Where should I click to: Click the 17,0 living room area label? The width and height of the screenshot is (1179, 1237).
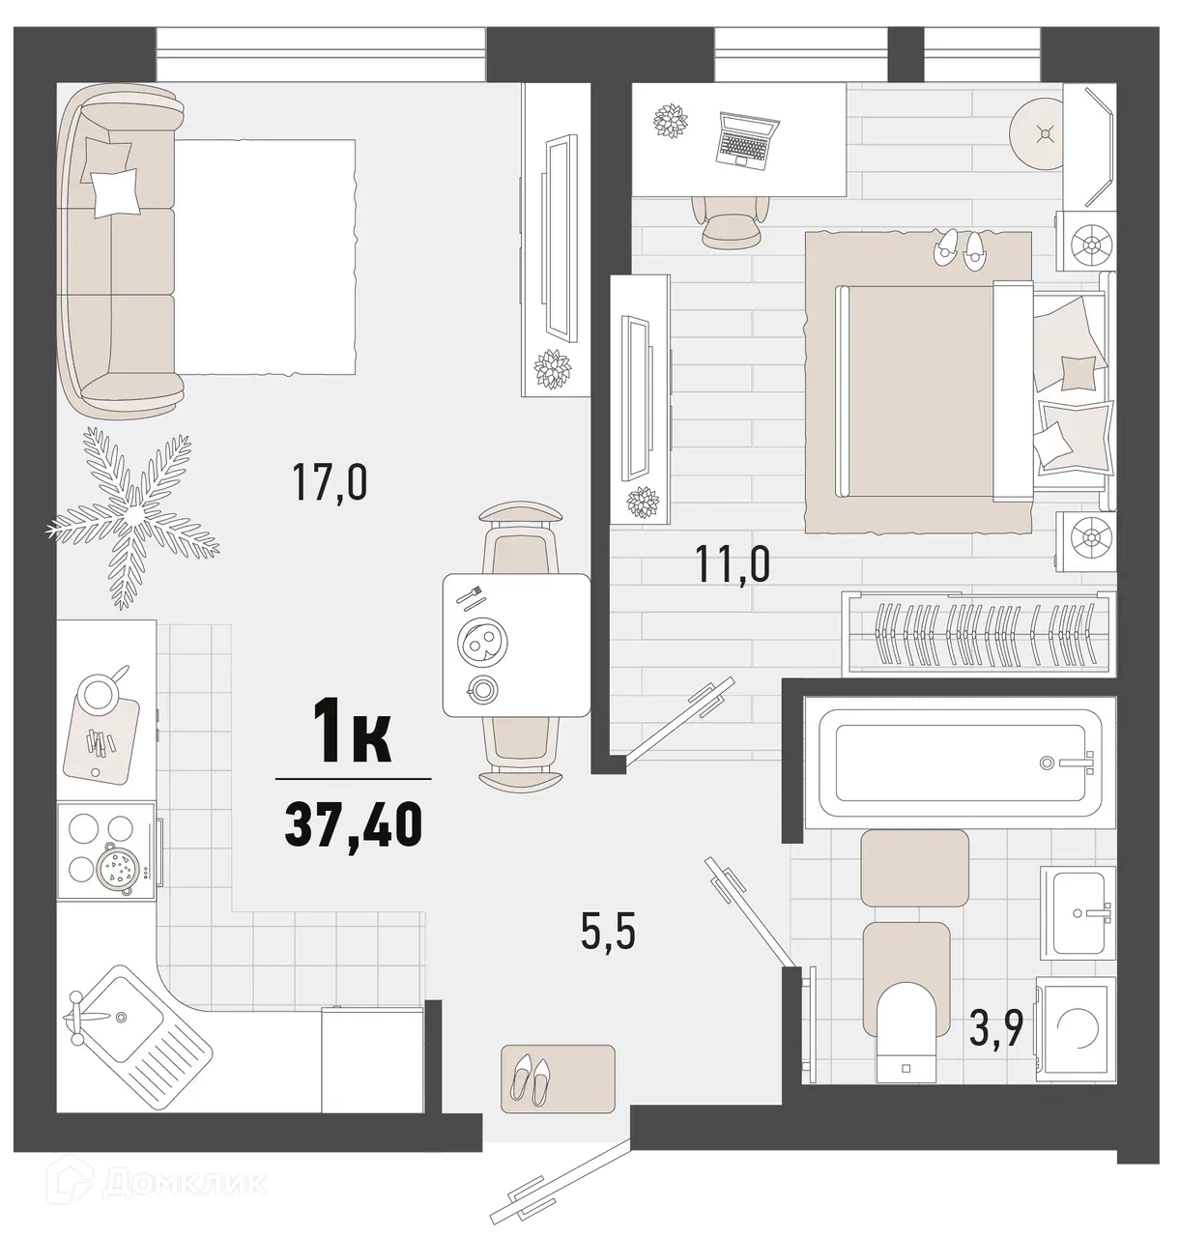(330, 483)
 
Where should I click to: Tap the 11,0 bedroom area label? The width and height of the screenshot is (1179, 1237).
(733, 563)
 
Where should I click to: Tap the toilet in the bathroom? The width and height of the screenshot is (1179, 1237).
(907, 1039)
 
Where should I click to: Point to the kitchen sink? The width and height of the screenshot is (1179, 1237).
(115, 1015)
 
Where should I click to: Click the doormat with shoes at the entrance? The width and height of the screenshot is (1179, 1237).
(558, 1077)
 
